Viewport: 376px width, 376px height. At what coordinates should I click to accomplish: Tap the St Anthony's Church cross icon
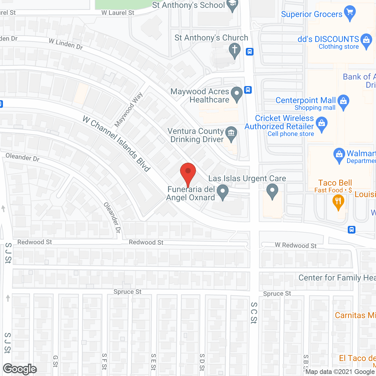(x=235, y=50)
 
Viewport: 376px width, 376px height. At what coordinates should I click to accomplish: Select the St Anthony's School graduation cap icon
(x=233, y=4)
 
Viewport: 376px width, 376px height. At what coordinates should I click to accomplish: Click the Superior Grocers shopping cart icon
(x=350, y=13)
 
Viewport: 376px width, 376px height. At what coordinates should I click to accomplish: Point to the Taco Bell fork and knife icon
(x=338, y=202)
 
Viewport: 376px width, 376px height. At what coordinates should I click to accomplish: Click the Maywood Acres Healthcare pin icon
(x=237, y=94)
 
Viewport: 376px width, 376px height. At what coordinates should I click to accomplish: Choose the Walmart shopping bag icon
(x=339, y=155)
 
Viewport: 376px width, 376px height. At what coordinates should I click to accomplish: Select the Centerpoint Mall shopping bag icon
(x=343, y=102)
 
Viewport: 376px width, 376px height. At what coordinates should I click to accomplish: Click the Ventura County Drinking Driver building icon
(x=231, y=134)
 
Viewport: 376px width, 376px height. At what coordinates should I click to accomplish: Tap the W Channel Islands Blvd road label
(x=117, y=144)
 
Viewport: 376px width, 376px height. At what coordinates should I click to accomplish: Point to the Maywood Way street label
(x=128, y=110)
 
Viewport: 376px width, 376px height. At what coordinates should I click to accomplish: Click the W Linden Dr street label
(x=66, y=44)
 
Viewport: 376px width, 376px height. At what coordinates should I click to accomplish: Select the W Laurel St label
(x=118, y=13)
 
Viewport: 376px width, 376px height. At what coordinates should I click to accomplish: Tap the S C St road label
(x=254, y=313)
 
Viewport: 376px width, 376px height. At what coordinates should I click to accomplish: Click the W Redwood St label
(x=296, y=246)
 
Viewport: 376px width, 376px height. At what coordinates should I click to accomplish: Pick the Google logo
(x=20, y=369)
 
